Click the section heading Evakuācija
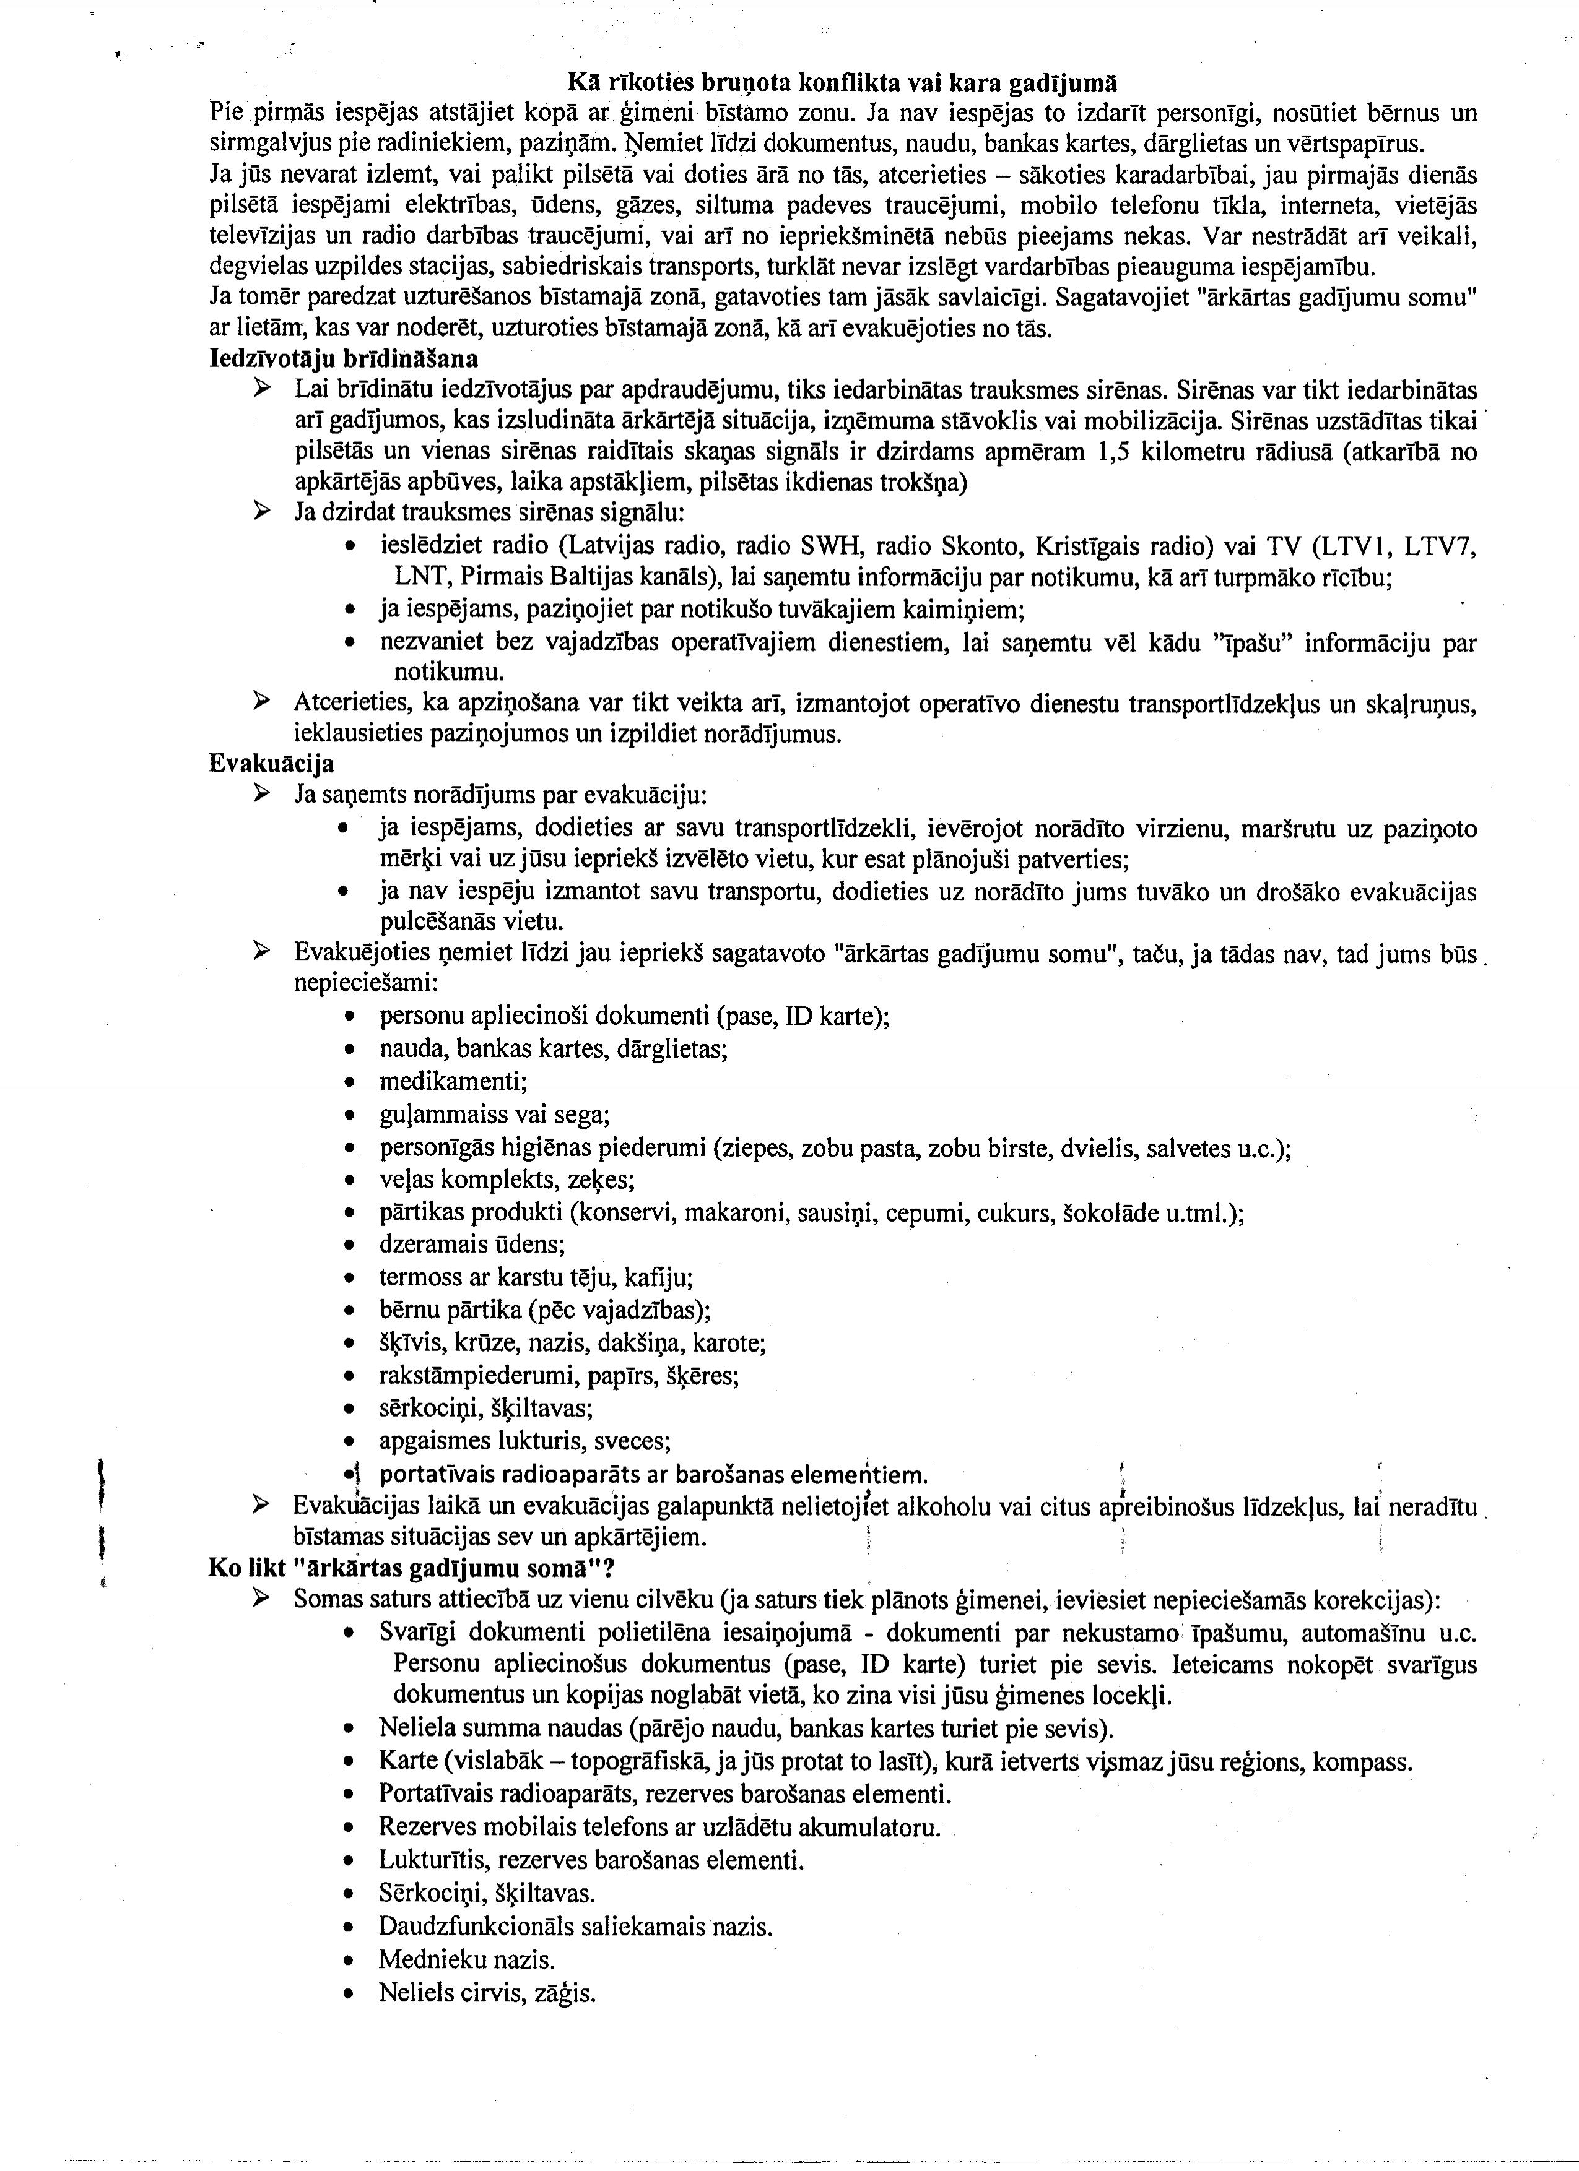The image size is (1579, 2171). (x=271, y=764)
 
